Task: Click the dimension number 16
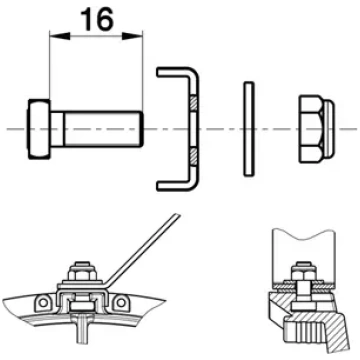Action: (97, 19)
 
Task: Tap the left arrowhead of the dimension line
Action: (60, 36)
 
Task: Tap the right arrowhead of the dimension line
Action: (132, 36)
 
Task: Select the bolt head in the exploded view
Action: (39, 129)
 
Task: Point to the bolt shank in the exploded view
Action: (97, 129)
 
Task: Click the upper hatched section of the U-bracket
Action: (194, 103)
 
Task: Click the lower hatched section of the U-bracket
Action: (194, 157)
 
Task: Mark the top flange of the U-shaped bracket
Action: (175, 72)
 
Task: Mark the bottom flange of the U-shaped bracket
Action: (175, 186)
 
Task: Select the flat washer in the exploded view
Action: (249, 129)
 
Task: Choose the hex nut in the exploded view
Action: (311, 129)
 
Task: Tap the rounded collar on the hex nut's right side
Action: (329, 129)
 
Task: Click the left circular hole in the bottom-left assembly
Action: (42, 303)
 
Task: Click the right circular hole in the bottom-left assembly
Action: (121, 303)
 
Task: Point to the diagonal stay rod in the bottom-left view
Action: (144, 250)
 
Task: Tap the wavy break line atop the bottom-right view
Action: (303, 233)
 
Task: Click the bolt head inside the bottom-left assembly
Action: (81, 306)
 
